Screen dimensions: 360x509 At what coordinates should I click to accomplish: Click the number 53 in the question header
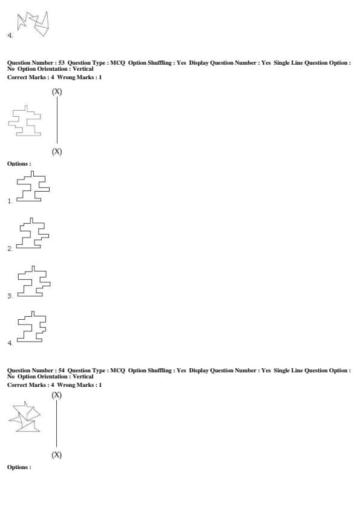pos(61,63)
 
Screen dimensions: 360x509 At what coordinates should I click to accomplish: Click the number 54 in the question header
pos(61,371)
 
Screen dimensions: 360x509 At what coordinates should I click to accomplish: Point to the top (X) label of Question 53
pos(57,91)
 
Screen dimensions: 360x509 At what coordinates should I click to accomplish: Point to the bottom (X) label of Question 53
pos(57,152)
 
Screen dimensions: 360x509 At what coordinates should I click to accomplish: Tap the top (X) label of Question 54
pos(56,395)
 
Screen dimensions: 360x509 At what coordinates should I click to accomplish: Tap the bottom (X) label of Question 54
pos(56,455)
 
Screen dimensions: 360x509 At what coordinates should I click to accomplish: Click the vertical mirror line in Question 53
pos(57,120)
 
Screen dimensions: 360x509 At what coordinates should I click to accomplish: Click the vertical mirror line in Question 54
pos(56,424)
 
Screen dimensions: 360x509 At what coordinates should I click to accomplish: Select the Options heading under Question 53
pos(19,164)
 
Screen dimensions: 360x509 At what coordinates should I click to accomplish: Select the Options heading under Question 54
pos(19,467)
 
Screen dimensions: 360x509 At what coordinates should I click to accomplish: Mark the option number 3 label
pos(10,296)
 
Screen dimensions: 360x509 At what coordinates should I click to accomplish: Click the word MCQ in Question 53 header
pos(117,63)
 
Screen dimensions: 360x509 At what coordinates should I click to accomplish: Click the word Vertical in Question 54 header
pos(83,377)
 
